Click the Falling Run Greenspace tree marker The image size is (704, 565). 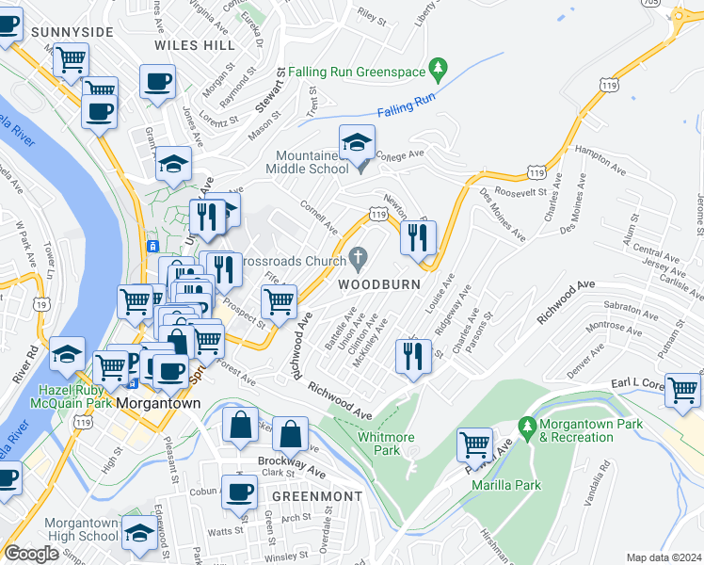(437, 69)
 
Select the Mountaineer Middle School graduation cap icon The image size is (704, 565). (357, 143)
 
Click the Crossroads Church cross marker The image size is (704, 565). (358, 257)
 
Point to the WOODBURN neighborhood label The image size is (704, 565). (370, 282)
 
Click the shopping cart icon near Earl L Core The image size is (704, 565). (682, 389)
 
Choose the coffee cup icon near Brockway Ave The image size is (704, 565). (239, 491)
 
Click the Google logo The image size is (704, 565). (31, 554)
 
